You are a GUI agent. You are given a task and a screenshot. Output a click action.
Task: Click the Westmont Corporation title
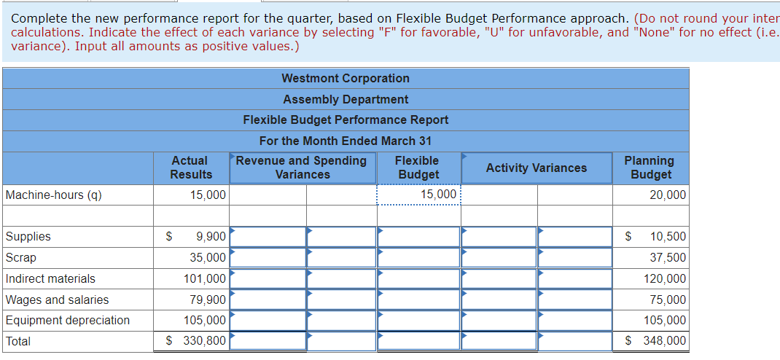pyautogui.click(x=346, y=79)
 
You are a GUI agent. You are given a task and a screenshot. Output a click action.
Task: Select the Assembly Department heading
pyautogui.click(x=346, y=99)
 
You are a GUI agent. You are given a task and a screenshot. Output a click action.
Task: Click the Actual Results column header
pyautogui.click(x=191, y=168)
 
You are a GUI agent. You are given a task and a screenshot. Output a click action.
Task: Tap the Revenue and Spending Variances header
pyautogui.click(x=302, y=168)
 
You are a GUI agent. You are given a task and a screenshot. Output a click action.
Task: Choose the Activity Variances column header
pyautogui.click(x=536, y=168)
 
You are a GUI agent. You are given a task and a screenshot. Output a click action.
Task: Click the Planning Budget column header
pyautogui.click(x=650, y=168)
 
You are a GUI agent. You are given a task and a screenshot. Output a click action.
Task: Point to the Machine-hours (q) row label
pyautogui.click(x=53, y=195)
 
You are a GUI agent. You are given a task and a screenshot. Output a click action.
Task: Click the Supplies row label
pyautogui.click(x=28, y=236)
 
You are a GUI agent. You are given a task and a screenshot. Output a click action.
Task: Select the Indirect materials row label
pyautogui.click(x=50, y=278)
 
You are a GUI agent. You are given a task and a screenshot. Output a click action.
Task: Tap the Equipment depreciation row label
pyautogui.click(x=68, y=320)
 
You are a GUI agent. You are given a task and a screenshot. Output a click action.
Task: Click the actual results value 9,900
pyautogui.click(x=211, y=237)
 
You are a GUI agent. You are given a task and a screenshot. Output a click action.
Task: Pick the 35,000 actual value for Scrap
pyautogui.click(x=208, y=257)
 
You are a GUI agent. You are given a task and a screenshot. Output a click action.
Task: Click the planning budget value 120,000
pyautogui.click(x=665, y=278)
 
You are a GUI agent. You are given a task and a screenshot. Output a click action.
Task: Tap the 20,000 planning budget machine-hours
pyautogui.click(x=667, y=195)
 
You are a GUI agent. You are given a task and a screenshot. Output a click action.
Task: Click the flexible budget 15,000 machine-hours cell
pyautogui.click(x=438, y=195)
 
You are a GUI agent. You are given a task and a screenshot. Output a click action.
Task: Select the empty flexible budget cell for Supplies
pyautogui.click(x=418, y=237)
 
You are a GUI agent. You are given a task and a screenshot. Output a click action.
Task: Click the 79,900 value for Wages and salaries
pyautogui.click(x=208, y=300)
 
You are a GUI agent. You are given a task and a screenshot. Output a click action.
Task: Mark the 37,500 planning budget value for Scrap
pyautogui.click(x=668, y=257)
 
